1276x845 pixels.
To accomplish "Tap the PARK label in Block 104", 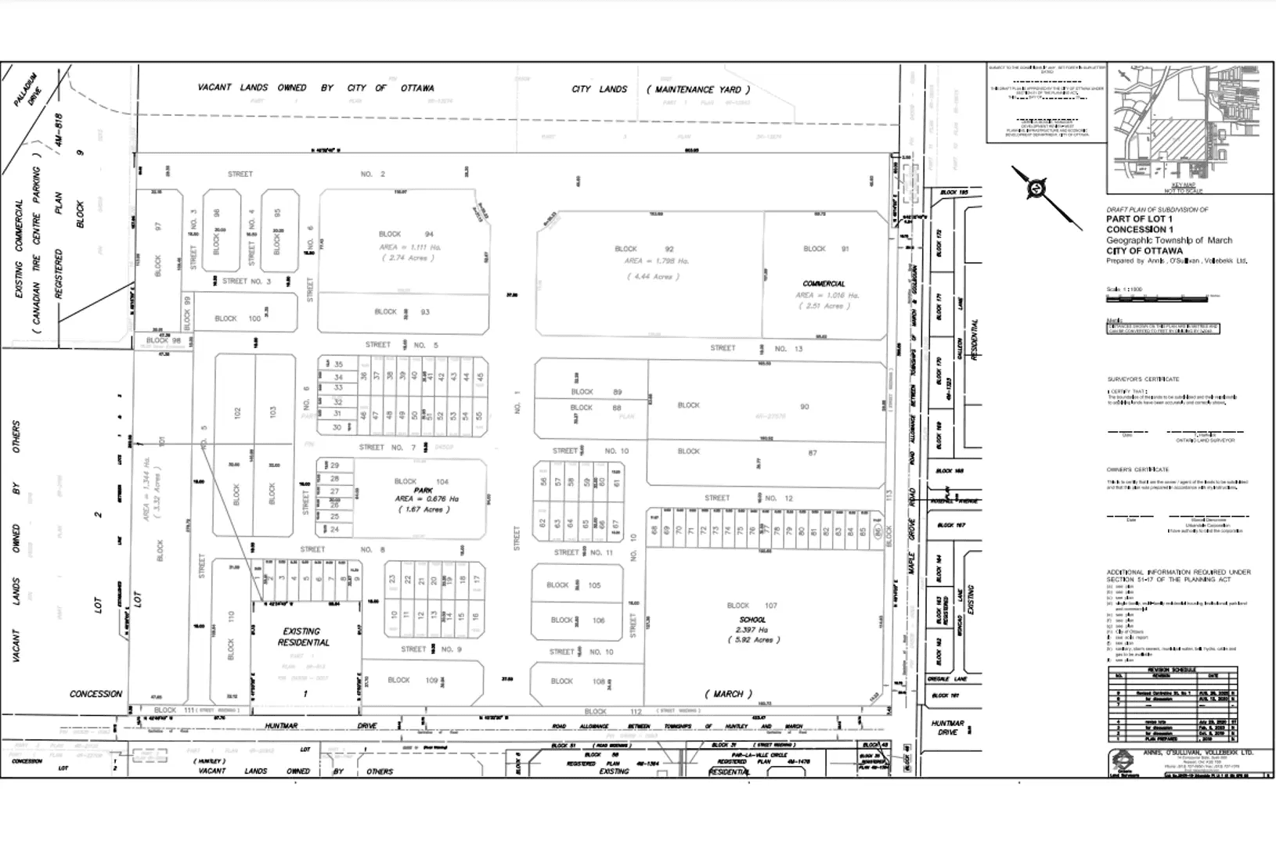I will click(x=424, y=491).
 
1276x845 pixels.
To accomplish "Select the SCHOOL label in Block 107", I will click(x=752, y=620).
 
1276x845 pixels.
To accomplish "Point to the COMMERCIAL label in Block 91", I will click(x=824, y=284).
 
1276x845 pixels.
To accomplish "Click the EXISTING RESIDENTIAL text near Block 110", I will click(x=304, y=637).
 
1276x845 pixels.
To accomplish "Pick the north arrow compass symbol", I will click(x=1037, y=189).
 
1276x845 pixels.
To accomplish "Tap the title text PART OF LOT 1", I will click(x=1139, y=220).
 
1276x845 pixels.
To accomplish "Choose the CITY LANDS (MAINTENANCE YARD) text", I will click(x=661, y=89).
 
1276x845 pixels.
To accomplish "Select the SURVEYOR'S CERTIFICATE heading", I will click(x=1142, y=379).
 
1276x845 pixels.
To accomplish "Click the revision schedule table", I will click(x=1172, y=704).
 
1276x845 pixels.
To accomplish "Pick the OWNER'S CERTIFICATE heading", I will click(x=1137, y=469).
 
